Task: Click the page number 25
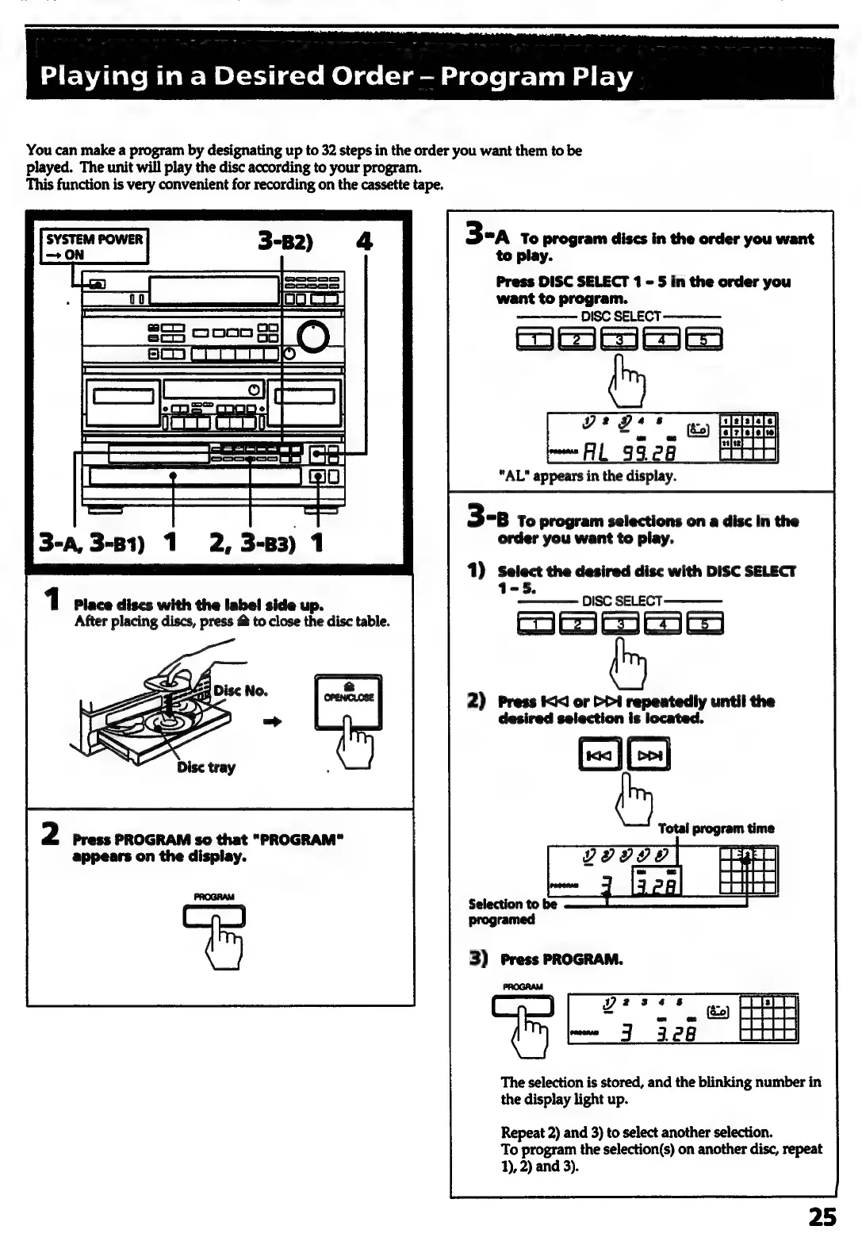point(822,1216)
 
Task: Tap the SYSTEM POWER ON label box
point(94,247)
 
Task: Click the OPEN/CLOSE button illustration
point(349,701)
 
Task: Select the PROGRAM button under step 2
point(214,917)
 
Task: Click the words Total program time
point(715,828)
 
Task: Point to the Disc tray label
point(206,767)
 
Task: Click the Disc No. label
point(240,690)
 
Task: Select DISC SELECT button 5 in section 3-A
point(703,340)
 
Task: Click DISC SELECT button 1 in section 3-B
point(537,624)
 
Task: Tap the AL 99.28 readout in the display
point(630,452)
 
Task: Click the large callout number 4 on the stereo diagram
point(364,240)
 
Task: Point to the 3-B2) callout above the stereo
point(285,240)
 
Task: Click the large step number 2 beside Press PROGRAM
point(50,835)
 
